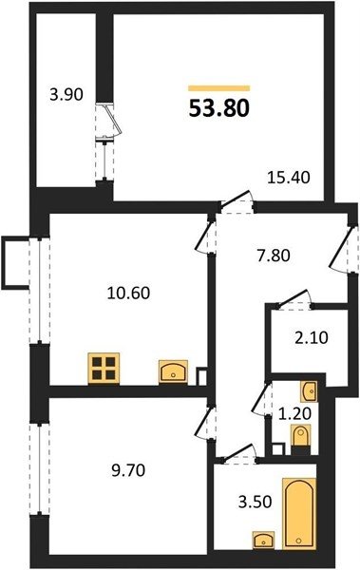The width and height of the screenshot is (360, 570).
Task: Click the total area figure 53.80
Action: (219, 108)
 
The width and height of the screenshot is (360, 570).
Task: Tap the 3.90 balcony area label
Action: (66, 94)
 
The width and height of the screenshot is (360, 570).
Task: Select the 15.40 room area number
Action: (289, 178)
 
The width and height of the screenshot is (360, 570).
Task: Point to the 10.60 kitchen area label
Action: (129, 293)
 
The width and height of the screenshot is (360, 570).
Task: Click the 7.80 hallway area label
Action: (274, 256)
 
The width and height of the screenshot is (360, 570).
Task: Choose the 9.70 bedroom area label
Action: (128, 470)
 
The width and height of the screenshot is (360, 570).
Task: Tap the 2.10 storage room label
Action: (311, 337)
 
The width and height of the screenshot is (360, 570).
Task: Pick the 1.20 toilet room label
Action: (294, 413)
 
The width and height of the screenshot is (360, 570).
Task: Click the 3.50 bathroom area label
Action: (255, 502)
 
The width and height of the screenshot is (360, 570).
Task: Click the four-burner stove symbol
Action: (104, 368)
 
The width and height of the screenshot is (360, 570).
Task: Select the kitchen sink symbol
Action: (173, 371)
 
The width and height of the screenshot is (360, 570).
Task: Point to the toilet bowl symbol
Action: (301, 436)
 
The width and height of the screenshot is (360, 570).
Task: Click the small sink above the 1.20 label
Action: (309, 391)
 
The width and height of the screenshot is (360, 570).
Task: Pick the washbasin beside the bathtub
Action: (264, 540)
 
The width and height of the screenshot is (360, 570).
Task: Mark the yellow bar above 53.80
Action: (219, 88)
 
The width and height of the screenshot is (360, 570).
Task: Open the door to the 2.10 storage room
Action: (294, 300)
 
